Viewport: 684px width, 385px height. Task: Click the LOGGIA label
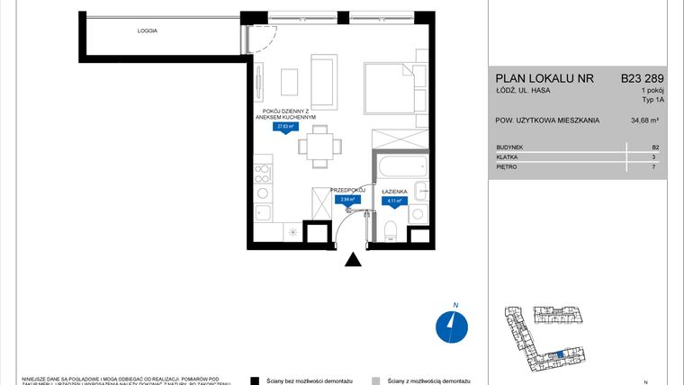(x=148, y=31)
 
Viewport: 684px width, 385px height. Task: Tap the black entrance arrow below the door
(x=354, y=259)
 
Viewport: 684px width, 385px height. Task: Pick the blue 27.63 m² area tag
(x=287, y=127)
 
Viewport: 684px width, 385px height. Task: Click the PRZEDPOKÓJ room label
(x=347, y=190)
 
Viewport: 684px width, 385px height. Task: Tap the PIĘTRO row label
(x=507, y=167)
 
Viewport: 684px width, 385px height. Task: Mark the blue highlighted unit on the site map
(x=559, y=357)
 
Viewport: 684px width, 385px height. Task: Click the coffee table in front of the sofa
(x=288, y=83)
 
